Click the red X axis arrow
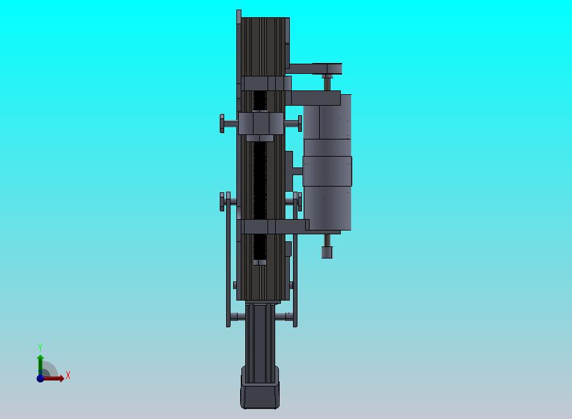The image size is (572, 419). pyautogui.click(x=53, y=378)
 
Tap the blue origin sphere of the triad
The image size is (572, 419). pyautogui.click(x=40, y=378)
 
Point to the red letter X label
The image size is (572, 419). pyautogui.click(x=68, y=375)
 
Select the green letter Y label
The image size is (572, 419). pyautogui.click(x=40, y=347)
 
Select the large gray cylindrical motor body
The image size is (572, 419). pyautogui.click(x=327, y=162)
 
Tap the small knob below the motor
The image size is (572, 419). pyautogui.click(x=327, y=252)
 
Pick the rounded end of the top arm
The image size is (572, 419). pyautogui.click(x=333, y=69)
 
